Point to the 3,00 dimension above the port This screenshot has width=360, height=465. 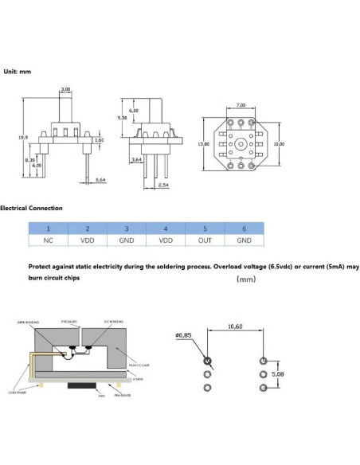pos(66,89)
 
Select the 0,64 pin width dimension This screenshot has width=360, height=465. pos(100,181)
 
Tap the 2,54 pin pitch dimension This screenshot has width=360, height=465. pos(163,185)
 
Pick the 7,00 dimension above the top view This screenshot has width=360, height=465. pos(241,105)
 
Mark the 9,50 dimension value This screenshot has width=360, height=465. pos(123,117)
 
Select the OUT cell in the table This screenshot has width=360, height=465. pos(205,239)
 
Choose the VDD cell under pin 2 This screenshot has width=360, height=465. pos(87,239)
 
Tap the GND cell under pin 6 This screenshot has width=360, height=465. pos(244,239)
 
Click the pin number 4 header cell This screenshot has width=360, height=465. pos(166,228)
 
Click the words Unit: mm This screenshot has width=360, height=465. pos(18,71)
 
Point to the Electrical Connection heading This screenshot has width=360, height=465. pos(31,209)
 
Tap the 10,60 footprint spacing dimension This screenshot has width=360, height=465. pos(235,326)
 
